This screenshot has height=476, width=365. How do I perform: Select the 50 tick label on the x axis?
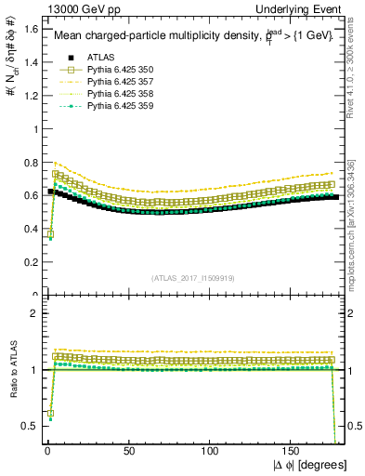click(128, 450)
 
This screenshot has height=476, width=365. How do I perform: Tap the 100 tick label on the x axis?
click(210, 450)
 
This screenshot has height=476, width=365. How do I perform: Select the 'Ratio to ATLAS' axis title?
click(10, 371)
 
